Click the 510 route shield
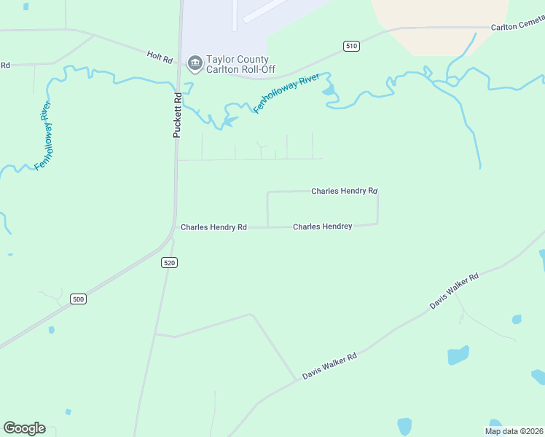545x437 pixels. click(351, 46)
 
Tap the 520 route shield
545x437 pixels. click(169, 262)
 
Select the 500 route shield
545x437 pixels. click(79, 299)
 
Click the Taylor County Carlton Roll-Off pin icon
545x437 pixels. click(195, 64)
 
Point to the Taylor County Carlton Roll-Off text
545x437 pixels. click(238, 64)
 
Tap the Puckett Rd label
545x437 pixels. click(177, 115)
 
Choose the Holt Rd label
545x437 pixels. click(158, 55)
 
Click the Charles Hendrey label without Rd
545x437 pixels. click(322, 227)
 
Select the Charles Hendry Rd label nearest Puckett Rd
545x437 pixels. click(213, 227)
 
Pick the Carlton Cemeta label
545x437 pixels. click(517, 26)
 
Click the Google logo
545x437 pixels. click(24, 428)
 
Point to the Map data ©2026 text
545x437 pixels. click(514, 431)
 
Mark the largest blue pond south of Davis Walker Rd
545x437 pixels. click(458, 355)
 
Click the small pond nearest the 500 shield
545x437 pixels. click(51, 330)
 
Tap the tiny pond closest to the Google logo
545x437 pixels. click(67, 412)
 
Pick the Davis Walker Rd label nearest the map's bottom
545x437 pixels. click(329, 366)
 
